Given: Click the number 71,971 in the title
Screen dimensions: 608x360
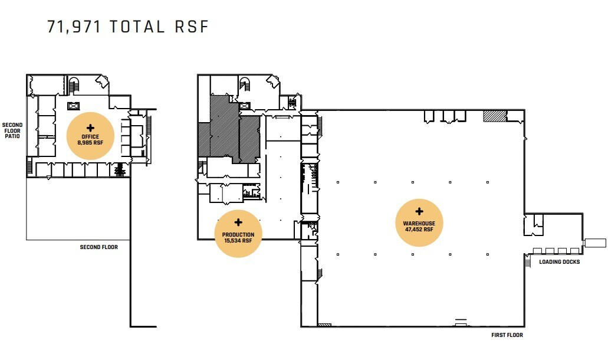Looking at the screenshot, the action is pyautogui.click(x=74, y=27).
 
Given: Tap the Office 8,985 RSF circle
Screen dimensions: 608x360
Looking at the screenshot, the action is pyautogui.click(x=90, y=136).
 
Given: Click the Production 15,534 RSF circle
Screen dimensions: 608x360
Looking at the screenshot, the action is pyautogui.click(x=238, y=234).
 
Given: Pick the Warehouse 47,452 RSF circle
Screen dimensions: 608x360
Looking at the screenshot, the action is pyautogui.click(x=419, y=222).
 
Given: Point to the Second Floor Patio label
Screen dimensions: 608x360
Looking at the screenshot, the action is pyautogui.click(x=12, y=130).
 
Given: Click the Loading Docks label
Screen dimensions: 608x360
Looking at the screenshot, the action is pyautogui.click(x=559, y=262).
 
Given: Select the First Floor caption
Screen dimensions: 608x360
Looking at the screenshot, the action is pyautogui.click(x=507, y=335).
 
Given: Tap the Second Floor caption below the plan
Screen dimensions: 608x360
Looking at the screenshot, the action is pyautogui.click(x=99, y=247).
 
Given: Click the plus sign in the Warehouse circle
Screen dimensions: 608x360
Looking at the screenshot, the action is pyautogui.click(x=419, y=211).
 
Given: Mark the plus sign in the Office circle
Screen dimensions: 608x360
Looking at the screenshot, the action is pyautogui.click(x=90, y=127).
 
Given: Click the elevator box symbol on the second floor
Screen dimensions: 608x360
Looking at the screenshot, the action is pyautogui.click(x=73, y=106).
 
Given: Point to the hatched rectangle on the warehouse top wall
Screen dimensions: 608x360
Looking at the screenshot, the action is pyautogui.click(x=495, y=116).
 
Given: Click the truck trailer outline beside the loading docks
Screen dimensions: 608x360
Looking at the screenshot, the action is pyautogui.click(x=595, y=243).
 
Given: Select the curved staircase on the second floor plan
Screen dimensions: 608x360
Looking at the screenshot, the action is pyautogui.click(x=74, y=84).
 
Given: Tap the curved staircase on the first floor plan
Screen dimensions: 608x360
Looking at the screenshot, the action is pyautogui.click(x=244, y=84).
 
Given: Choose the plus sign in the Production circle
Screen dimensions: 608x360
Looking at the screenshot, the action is pyautogui.click(x=238, y=222).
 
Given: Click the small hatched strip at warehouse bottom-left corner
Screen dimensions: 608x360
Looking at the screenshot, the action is pyautogui.click(x=324, y=325).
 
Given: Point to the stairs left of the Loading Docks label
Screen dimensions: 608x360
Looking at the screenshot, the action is pyautogui.click(x=527, y=262).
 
